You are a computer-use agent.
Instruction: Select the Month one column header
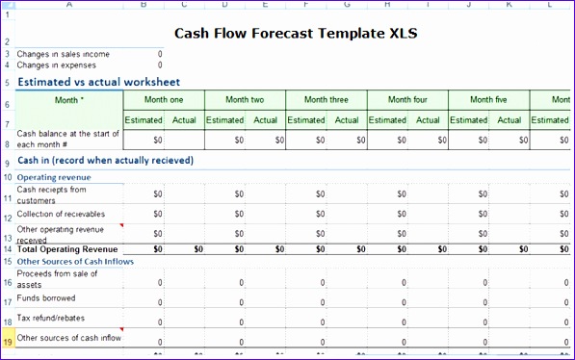[x=164, y=100]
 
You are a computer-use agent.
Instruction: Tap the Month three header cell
[x=327, y=100]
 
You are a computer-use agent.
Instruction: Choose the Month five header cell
[x=489, y=100]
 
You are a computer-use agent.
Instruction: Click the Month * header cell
[x=69, y=100]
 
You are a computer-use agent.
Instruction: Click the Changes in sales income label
[x=64, y=54]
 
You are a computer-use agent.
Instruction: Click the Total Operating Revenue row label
[x=66, y=248]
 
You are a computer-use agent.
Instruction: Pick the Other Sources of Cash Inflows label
[x=75, y=261]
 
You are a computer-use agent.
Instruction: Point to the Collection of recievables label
[x=62, y=214]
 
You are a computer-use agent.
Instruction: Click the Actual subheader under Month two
[x=266, y=120]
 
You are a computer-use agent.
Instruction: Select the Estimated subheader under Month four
[x=387, y=120]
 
